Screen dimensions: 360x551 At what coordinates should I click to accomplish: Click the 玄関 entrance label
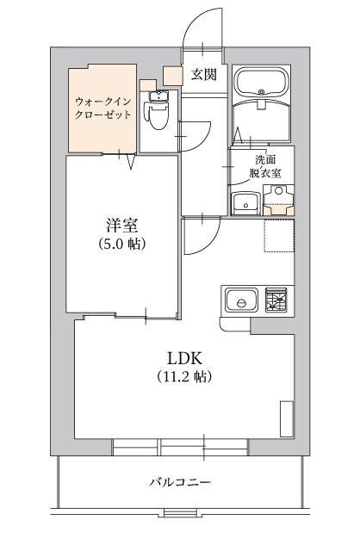(x=203, y=75)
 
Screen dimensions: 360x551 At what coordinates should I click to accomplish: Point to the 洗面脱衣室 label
(x=265, y=166)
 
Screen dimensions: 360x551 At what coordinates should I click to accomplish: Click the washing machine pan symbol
(x=279, y=200)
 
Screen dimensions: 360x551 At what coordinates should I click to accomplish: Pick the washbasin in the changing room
(x=245, y=203)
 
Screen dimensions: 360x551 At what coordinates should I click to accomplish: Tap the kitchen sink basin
(x=241, y=300)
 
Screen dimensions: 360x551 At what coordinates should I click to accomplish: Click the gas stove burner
(x=276, y=300)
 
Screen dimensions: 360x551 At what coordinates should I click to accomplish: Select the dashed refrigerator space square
(x=279, y=235)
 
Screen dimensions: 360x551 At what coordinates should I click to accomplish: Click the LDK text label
(x=184, y=358)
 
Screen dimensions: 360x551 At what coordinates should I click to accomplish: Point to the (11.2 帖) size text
(x=183, y=376)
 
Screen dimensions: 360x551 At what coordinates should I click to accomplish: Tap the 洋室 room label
(x=122, y=226)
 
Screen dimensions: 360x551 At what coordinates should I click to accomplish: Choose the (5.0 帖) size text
(x=122, y=243)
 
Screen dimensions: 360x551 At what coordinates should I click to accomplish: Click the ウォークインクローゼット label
(x=102, y=108)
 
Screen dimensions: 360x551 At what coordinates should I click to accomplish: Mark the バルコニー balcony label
(x=180, y=482)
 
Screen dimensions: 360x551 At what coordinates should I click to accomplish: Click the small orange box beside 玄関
(x=172, y=76)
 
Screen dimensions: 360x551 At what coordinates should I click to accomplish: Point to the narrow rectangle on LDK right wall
(x=287, y=418)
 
